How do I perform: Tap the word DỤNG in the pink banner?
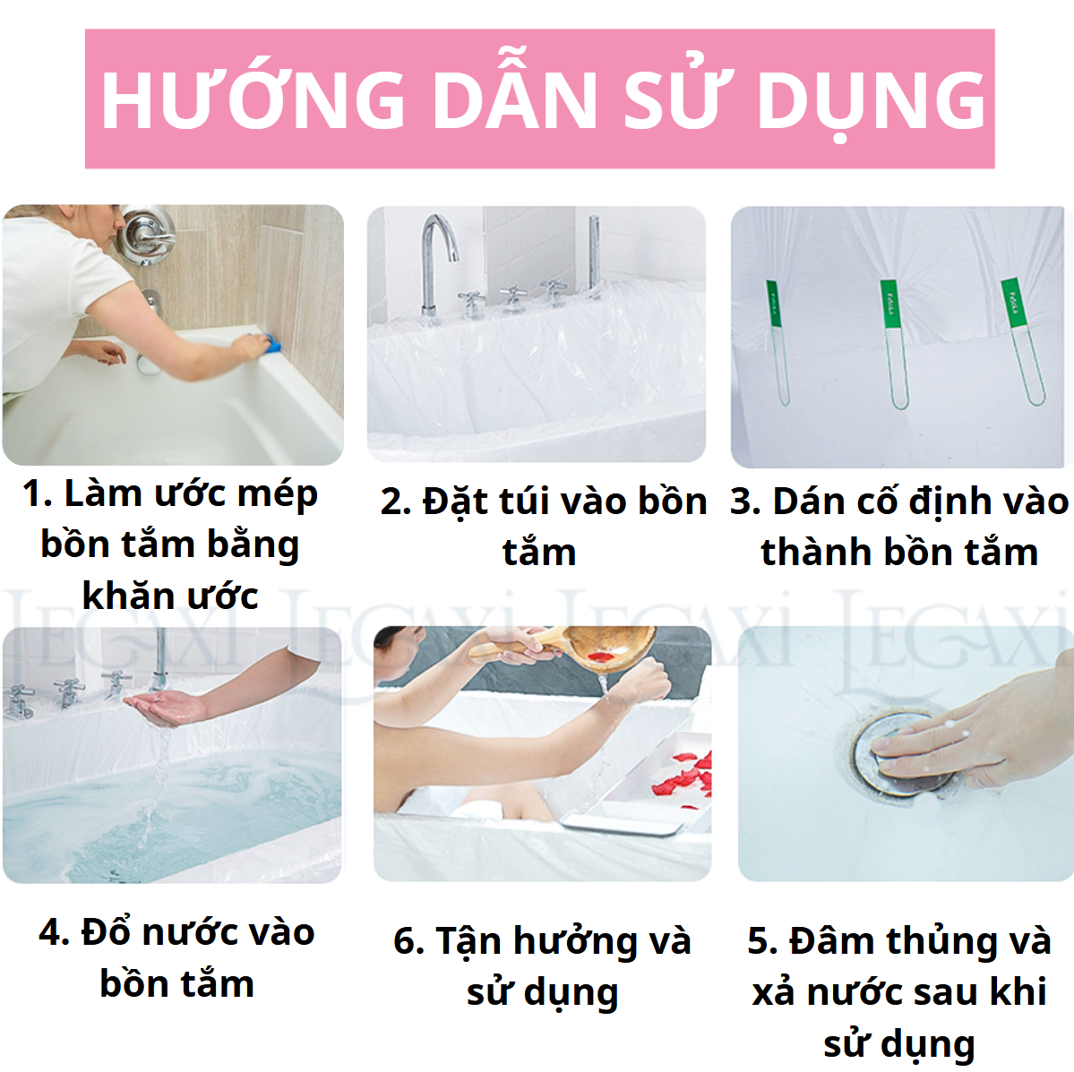pos(871,99)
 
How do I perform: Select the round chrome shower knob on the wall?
pos(145,235)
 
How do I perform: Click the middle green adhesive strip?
pos(892,340)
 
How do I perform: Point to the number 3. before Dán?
pos(745,502)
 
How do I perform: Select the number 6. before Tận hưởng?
pos(408,942)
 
